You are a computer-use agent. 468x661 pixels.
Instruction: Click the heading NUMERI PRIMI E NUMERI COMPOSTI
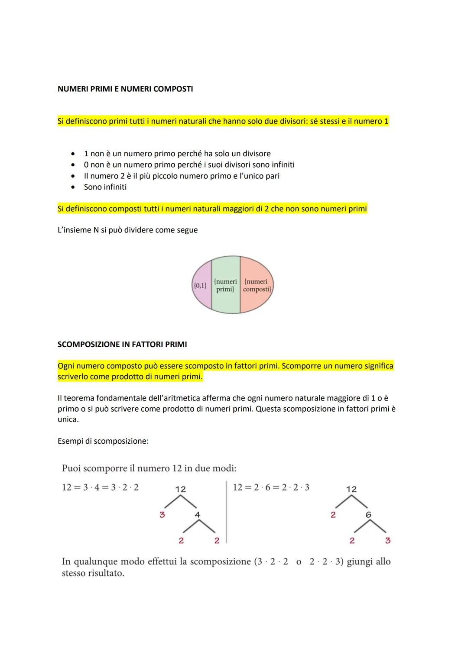[125, 89]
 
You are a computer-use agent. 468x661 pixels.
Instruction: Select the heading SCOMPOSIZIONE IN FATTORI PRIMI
[122, 345]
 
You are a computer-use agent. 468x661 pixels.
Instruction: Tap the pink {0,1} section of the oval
[200, 285]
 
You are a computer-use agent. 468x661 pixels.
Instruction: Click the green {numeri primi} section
[225, 285]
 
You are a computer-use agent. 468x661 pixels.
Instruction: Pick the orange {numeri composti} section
[257, 285]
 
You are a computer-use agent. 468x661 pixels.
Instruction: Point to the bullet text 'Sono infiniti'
[105, 187]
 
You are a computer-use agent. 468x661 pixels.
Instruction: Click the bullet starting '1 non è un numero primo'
[177, 154]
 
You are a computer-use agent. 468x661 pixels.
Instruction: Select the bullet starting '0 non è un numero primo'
[189, 165]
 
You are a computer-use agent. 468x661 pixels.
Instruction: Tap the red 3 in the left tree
[162, 515]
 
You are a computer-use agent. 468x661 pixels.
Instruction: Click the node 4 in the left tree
[198, 515]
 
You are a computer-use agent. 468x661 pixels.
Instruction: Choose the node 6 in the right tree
[368, 515]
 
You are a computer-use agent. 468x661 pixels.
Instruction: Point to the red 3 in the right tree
[387, 540]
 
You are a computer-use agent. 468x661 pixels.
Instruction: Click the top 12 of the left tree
[180, 489]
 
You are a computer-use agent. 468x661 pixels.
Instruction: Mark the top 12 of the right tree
[351, 489]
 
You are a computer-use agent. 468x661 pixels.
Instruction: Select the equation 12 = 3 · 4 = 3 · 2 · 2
[100, 487]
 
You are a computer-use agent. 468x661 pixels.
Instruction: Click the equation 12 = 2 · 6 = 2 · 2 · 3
[271, 487]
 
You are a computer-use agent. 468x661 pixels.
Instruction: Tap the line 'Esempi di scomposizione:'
[103, 441]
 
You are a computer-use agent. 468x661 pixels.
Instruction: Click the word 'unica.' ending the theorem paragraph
[68, 419]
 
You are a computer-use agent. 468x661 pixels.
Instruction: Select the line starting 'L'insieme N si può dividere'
[127, 230]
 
